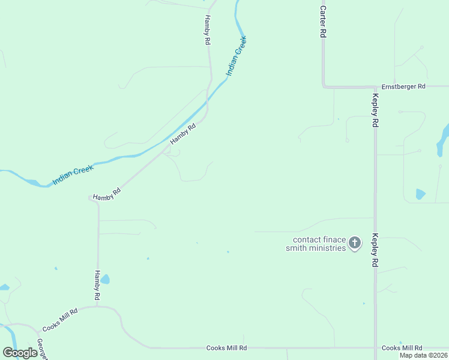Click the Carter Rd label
pyautogui.click(x=323, y=22)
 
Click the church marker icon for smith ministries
pyautogui.click(x=355, y=243)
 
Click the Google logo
pyautogui.click(x=20, y=352)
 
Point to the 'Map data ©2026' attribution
pyautogui.click(x=423, y=355)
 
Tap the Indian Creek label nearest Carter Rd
pyautogui.click(x=236, y=56)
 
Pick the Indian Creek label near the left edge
pyautogui.click(x=73, y=175)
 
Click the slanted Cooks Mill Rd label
pyautogui.click(x=60, y=320)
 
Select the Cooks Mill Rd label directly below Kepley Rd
pyautogui.click(x=402, y=348)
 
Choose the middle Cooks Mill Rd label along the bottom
pyautogui.click(x=226, y=348)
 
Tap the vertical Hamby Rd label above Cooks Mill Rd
pyautogui.click(x=97, y=285)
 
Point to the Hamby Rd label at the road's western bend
pyautogui.click(x=108, y=193)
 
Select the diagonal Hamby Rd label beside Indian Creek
pyautogui.click(x=183, y=134)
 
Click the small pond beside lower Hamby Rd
pyautogui.click(x=105, y=279)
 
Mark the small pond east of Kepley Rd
pyautogui.click(x=420, y=194)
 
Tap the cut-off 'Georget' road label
pyautogui.click(x=41, y=350)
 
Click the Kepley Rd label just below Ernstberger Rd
pyautogui.click(x=375, y=110)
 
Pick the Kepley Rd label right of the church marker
pyautogui.click(x=375, y=250)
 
